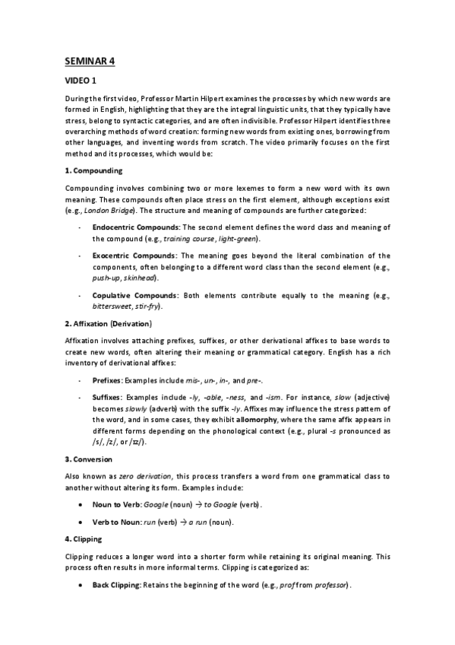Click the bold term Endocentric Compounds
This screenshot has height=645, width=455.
click(x=136, y=228)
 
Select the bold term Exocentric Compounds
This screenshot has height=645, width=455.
click(x=134, y=256)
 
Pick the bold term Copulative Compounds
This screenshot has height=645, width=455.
click(x=135, y=294)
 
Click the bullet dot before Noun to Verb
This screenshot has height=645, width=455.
click(x=81, y=504)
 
